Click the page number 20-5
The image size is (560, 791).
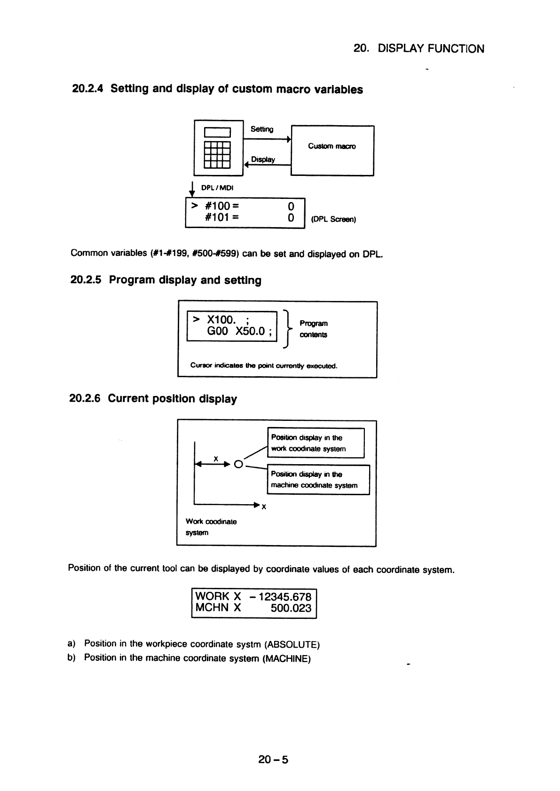coord(273,759)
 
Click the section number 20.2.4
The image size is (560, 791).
coord(87,88)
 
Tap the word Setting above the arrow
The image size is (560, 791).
coord(262,129)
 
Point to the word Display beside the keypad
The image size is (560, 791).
coord(263,159)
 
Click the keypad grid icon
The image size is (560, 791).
coord(217,155)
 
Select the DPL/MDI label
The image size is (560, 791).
coord(217,188)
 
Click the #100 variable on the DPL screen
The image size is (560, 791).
coord(218,206)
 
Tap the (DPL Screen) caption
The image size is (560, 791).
coord(333,219)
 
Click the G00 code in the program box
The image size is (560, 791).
coord(218,331)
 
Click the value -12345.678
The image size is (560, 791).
coord(280,597)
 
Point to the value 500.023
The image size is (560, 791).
coord(291,608)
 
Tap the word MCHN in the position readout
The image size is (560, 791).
coord(212,608)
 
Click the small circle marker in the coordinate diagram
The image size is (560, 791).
coord(239,464)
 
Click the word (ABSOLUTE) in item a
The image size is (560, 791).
coord(292,644)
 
